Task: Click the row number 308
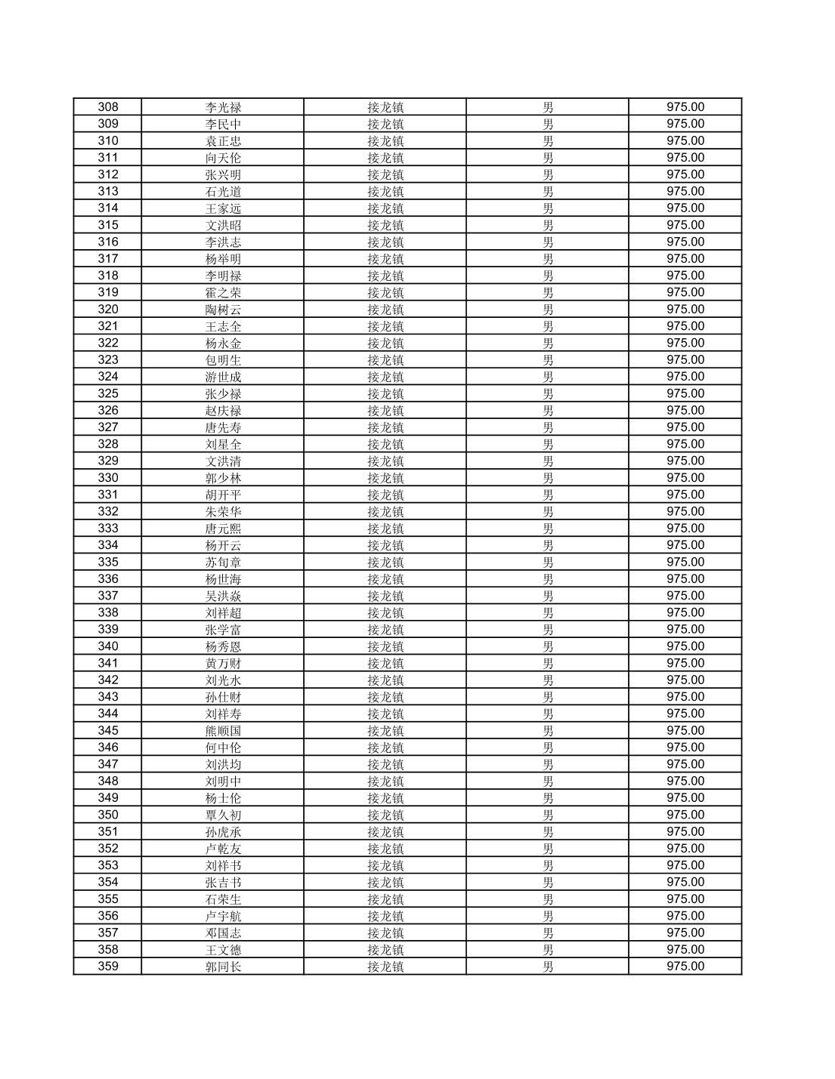pos(108,107)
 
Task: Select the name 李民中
pos(223,124)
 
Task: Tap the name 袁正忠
pos(223,141)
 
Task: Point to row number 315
pos(108,225)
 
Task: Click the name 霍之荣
pos(223,293)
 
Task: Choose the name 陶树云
pos(223,310)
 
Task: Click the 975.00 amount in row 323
pos(685,360)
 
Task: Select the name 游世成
pos(223,377)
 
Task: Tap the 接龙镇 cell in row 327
pos(385,427)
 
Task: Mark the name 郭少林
pos(223,478)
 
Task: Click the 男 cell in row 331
pos(548,495)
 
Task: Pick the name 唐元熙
pos(223,529)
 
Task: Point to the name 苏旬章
pos(223,563)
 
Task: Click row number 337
pos(108,596)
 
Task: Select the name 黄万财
pos(223,664)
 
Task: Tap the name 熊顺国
pos(223,731)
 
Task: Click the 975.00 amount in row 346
pos(685,748)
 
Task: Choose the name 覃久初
pos(223,815)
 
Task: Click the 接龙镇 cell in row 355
pos(385,899)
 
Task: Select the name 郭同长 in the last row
pos(223,966)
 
